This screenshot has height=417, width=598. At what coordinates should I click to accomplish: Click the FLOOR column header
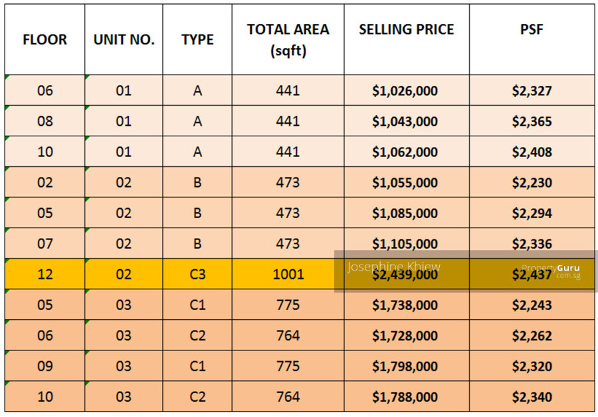(45, 39)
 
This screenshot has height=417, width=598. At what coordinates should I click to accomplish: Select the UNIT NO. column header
(124, 39)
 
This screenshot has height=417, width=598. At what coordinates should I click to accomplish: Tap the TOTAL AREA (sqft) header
(288, 40)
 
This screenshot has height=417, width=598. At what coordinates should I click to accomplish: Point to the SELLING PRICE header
(406, 30)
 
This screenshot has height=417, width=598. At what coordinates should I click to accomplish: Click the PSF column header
(532, 30)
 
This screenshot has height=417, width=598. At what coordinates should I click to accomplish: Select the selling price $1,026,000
(405, 90)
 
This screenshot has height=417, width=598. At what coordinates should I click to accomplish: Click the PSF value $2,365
(532, 121)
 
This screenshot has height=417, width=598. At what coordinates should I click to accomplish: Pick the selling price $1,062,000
(405, 152)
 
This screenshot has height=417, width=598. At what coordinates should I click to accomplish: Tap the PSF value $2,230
(532, 182)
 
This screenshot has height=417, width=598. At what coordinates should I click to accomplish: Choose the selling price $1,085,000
(405, 213)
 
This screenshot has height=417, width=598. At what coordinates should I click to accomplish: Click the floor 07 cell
(45, 243)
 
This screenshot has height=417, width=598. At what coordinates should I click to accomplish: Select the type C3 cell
(197, 274)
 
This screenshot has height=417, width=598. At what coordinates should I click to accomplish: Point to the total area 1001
(288, 274)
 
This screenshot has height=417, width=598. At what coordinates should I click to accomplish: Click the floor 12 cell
(45, 274)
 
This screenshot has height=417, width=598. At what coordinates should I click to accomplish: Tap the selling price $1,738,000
(405, 305)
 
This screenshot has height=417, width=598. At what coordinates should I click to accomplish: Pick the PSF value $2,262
(532, 336)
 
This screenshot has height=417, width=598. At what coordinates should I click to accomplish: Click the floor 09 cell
(45, 366)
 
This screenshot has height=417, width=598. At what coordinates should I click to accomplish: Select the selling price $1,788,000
(405, 397)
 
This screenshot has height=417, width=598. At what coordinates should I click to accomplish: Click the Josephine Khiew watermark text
(393, 267)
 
